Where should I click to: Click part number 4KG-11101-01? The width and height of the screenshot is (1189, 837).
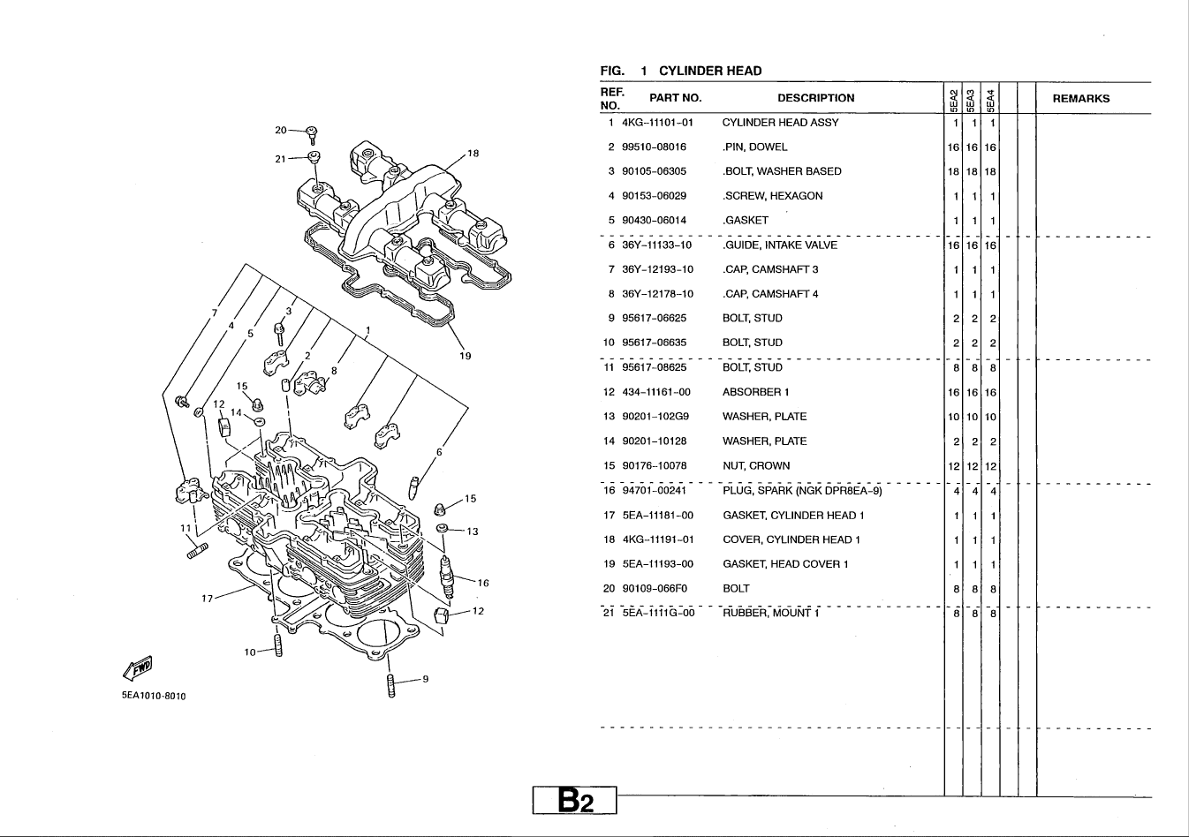tap(657, 123)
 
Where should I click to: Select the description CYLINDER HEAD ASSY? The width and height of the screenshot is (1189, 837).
tap(780, 123)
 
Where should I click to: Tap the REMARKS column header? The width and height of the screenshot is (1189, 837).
tap(1080, 99)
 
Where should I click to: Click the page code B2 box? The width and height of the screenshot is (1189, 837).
tap(574, 800)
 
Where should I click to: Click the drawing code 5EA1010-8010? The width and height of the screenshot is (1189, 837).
tap(154, 696)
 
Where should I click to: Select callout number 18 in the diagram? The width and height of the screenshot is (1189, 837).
tap(473, 154)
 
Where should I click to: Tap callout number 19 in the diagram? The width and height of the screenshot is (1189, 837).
tap(466, 356)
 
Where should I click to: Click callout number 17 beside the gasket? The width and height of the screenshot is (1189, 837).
tap(208, 598)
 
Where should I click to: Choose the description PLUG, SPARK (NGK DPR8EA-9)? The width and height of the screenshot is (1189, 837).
tap(801, 491)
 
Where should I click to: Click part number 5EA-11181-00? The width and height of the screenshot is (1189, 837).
tap(657, 516)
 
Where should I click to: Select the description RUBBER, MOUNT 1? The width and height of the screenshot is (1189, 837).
tap(770, 613)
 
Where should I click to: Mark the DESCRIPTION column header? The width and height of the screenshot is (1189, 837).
tap(815, 99)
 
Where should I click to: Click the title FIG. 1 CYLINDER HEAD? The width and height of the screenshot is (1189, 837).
tap(680, 71)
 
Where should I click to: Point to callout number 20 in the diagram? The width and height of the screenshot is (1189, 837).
tap(281, 130)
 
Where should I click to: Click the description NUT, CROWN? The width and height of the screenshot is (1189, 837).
tap(755, 466)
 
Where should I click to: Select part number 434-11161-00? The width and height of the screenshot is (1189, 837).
tap(656, 392)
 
